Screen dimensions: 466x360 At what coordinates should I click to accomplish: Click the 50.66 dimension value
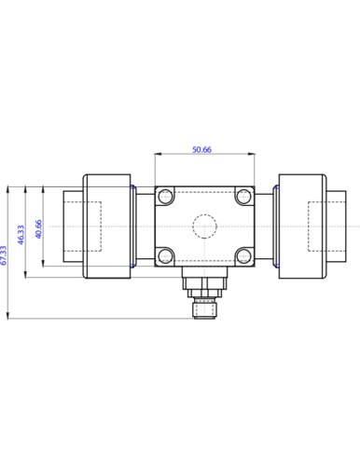tap(202, 149)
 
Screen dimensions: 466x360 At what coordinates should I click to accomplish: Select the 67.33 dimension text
tap(5, 255)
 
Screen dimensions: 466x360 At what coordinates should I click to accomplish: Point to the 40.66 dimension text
tap(38, 229)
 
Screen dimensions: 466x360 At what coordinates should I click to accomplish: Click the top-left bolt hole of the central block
tap(166, 196)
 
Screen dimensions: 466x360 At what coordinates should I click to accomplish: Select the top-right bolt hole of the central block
tap(243, 196)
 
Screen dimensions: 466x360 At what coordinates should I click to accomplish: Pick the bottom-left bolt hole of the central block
tap(166, 255)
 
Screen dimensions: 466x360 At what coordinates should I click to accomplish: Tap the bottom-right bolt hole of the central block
tap(243, 255)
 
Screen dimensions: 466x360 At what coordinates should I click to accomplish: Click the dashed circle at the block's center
tap(204, 226)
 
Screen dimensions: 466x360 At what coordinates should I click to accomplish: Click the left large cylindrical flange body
tap(106, 226)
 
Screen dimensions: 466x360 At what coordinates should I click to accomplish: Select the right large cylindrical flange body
tap(300, 226)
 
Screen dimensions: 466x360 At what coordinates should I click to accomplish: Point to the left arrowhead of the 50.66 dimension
tap(158, 155)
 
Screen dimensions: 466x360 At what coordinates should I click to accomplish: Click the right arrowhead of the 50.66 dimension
tap(252, 155)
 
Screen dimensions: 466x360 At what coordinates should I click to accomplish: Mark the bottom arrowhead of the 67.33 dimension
tap(9, 317)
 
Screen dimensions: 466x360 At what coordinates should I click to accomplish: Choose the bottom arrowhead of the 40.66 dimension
tap(42, 265)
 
